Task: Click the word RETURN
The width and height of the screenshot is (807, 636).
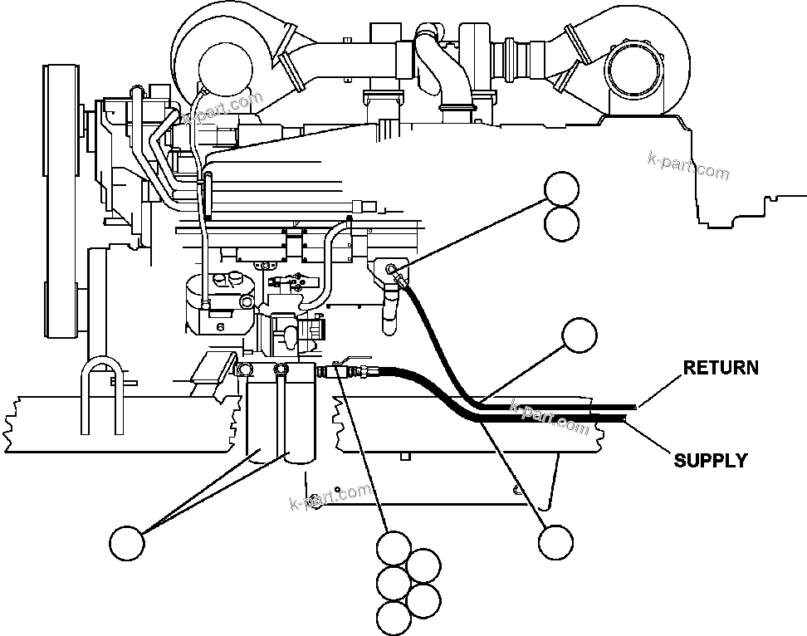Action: pyautogui.click(x=721, y=367)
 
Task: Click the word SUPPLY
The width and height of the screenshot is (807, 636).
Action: pyautogui.click(x=710, y=460)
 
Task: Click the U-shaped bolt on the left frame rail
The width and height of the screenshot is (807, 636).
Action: pyautogui.click(x=101, y=399)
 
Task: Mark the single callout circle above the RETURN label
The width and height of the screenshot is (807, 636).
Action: pyautogui.click(x=580, y=335)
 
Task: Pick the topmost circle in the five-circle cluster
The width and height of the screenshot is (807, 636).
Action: pyautogui.click(x=393, y=548)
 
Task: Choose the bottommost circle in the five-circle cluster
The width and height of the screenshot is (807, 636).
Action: pyautogui.click(x=393, y=617)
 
